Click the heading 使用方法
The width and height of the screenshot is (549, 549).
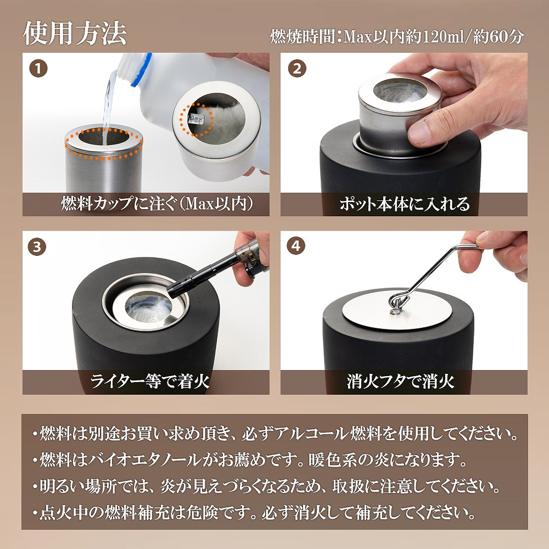click(x=75, y=33)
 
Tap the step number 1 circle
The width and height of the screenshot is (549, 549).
click(x=38, y=69)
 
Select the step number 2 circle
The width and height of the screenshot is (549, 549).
click(x=297, y=69)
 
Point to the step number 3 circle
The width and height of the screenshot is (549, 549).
click(x=37, y=247)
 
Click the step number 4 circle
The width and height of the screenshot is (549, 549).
click(x=296, y=246)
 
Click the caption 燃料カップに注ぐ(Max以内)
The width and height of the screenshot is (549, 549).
click(x=156, y=204)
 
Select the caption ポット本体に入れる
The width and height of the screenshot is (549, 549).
click(x=405, y=204)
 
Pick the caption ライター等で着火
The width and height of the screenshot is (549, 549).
click(x=150, y=381)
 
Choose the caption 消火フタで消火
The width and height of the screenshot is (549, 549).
click(x=401, y=381)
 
